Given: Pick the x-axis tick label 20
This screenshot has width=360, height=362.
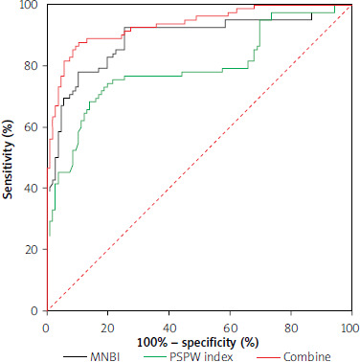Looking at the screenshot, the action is (x=108, y=328).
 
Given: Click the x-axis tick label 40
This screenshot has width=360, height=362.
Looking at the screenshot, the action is (x=169, y=328).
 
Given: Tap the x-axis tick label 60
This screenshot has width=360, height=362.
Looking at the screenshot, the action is (x=230, y=328).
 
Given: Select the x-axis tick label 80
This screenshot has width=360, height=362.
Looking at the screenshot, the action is (x=291, y=328).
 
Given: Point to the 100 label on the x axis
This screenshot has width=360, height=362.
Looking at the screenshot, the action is (x=350, y=328).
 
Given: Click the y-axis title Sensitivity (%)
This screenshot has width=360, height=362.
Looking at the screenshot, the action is (x=9, y=160).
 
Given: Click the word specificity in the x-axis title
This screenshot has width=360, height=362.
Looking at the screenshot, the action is (x=209, y=343).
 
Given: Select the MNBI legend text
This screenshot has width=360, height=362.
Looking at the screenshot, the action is (x=104, y=356).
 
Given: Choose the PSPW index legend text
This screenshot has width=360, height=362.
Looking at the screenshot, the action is (x=201, y=356).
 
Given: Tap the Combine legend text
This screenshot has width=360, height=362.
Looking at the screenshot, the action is (x=307, y=356).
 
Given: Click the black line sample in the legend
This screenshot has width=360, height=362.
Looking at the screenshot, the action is (x=75, y=356).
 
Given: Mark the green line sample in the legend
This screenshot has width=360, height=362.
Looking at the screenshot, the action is (x=154, y=356).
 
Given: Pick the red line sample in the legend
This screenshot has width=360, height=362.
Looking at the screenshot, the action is (x=268, y=356).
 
